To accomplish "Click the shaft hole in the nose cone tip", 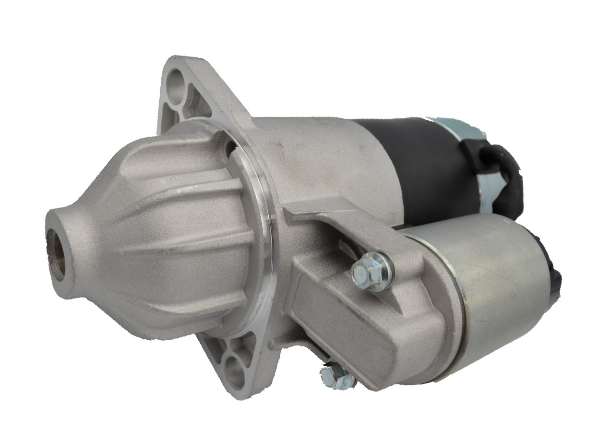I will (x=56, y=254).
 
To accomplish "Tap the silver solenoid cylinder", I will (x=503, y=284).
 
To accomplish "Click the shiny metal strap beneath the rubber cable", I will (x=493, y=190).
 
